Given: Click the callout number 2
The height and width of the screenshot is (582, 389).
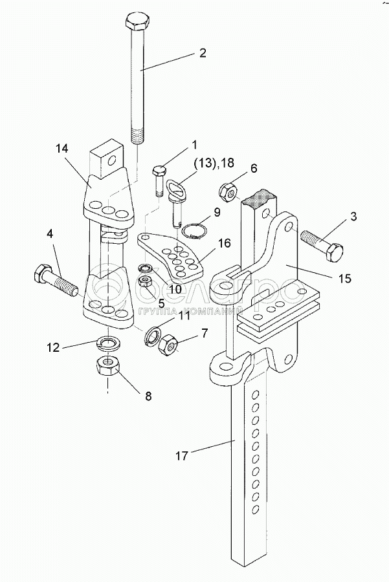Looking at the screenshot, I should click(x=202, y=54).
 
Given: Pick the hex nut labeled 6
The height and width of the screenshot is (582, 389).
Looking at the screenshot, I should click(x=228, y=191).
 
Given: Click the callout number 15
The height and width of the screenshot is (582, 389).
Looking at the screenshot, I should click(x=344, y=279).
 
